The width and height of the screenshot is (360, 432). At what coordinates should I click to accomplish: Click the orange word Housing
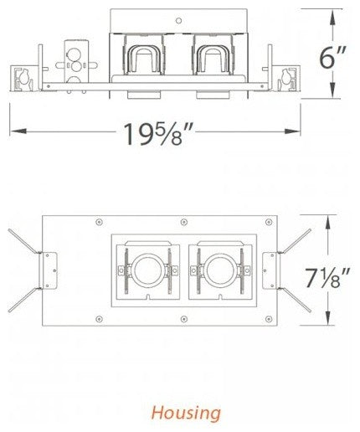point(180,412)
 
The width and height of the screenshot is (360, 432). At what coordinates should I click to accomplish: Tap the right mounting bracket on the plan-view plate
point(274,270)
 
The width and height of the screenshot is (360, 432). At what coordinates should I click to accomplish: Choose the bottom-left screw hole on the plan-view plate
point(99,317)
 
